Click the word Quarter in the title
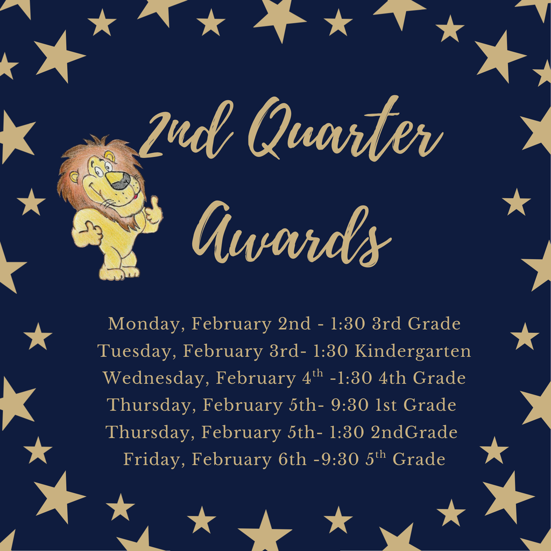(x=344, y=132)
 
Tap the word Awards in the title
(x=291, y=234)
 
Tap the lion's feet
(x=118, y=272)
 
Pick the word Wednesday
(x=154, y=378)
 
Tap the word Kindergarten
(x=413, y=351)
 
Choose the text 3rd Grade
(x=416, y=324)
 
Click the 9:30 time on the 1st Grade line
(x=349, y=405)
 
